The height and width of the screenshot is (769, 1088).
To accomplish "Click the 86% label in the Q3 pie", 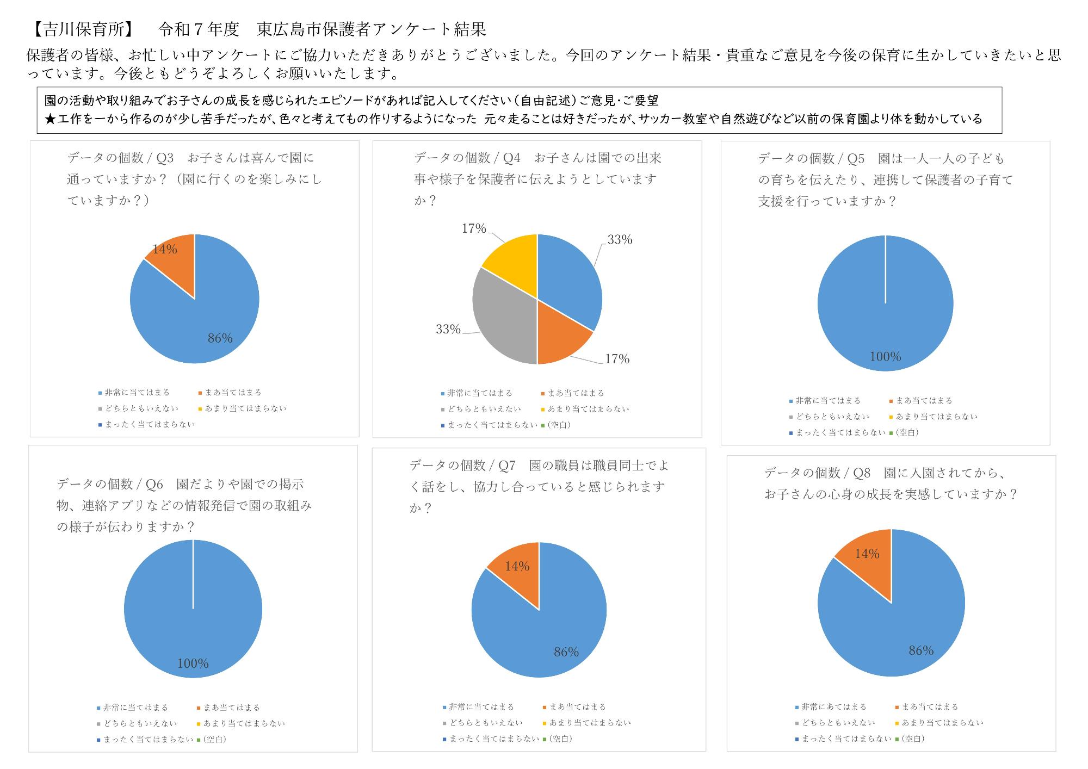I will (x=220, y=338).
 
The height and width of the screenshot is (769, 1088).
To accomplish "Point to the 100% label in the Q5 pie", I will (x=885, y=357).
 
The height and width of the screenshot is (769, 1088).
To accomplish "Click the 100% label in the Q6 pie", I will (x=193, y=663).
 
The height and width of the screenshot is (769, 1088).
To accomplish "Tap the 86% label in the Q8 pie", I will (x=921, y=650).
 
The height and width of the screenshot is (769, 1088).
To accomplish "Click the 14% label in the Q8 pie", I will (x=867, y=554).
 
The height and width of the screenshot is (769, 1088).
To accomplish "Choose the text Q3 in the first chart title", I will (x=164, y=158).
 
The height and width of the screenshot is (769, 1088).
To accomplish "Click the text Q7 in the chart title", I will (x=506, y=466).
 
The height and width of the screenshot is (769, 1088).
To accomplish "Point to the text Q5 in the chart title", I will (x=856, y=159).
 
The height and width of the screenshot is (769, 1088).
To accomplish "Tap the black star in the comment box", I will (x=50, y=119).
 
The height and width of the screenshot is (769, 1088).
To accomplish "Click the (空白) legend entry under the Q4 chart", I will (x=559, y=425).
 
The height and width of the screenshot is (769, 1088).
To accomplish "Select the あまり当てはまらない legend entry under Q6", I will (x=244, y=724).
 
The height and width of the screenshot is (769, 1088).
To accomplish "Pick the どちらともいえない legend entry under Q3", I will (x=141, y=408).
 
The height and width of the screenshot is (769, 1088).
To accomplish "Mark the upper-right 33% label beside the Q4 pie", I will (x=620, y=240).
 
